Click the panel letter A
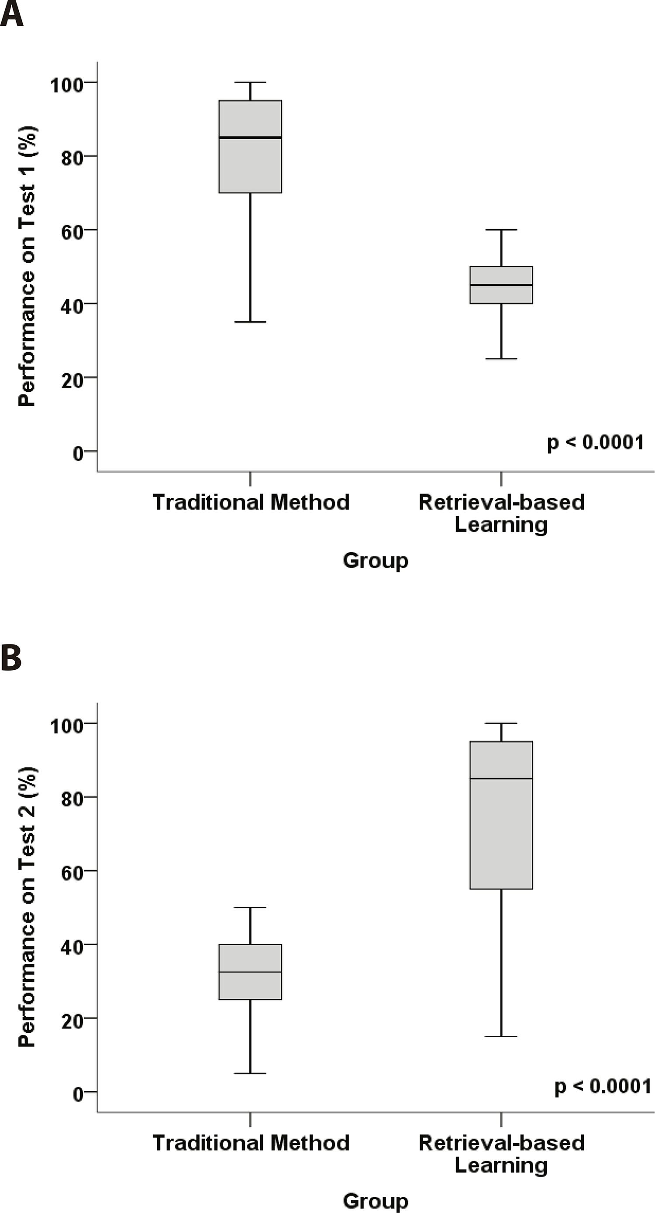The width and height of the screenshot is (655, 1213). pos(11,14)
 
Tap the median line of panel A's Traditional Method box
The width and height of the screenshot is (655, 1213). pos(250,137)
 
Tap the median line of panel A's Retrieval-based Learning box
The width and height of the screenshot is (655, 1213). pos(501,285)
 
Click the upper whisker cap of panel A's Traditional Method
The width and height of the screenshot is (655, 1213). pos(250,82)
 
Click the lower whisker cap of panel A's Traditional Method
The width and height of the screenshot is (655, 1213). pos(250,322)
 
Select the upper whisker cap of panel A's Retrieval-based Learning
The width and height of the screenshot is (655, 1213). pos(501,230)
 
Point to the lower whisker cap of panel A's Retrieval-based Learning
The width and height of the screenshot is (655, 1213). pos(501,359)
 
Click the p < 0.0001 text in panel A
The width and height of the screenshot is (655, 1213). pos(595,442)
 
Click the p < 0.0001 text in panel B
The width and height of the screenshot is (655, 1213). pos(603,1086)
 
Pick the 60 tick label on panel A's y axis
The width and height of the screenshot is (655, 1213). pos(72,231)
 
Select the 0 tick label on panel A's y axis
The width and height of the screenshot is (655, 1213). pos(78,453)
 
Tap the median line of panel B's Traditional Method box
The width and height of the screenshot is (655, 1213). pos(250,972)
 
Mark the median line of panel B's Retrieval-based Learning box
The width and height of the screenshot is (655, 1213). pos(501,778)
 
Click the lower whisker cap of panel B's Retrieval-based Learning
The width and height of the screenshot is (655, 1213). pos(501,1036)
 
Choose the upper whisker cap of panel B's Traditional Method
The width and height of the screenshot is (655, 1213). pos(250,908)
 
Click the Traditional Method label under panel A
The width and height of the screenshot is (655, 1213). pos(251,502)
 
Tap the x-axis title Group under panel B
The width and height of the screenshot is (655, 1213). pos(376,1200)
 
